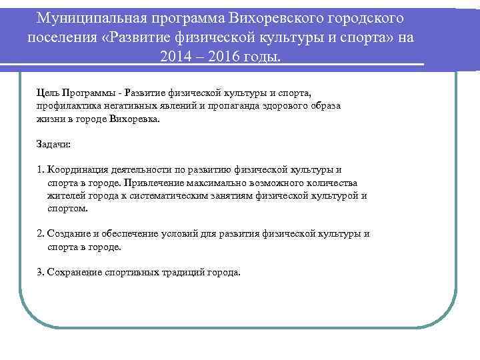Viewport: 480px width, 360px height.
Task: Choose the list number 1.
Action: click(x=41, y=169)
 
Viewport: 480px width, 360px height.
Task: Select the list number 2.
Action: click(x=41, y=234)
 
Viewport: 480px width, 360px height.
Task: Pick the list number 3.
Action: click(x=41, y=272)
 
